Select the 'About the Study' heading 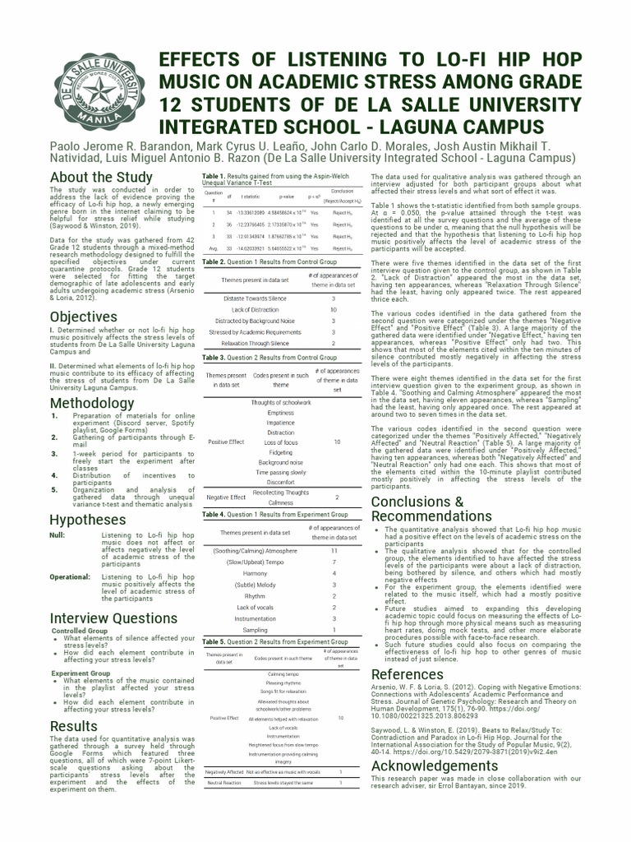click(x=101, y=177)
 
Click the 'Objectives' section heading click(x=83, y=317)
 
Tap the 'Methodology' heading click(x=91, y=403)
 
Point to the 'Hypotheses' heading click(x=88, y=520)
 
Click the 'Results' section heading click(x=74, y=726)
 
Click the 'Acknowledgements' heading click(x=435, y=766)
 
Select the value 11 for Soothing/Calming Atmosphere click(x=334, y=550)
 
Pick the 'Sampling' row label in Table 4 click(x=255, y=629)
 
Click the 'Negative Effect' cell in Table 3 click(x=226, y=497)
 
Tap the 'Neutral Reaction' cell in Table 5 click(x=224, y=783)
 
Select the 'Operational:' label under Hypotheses click(x=70, y=577)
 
